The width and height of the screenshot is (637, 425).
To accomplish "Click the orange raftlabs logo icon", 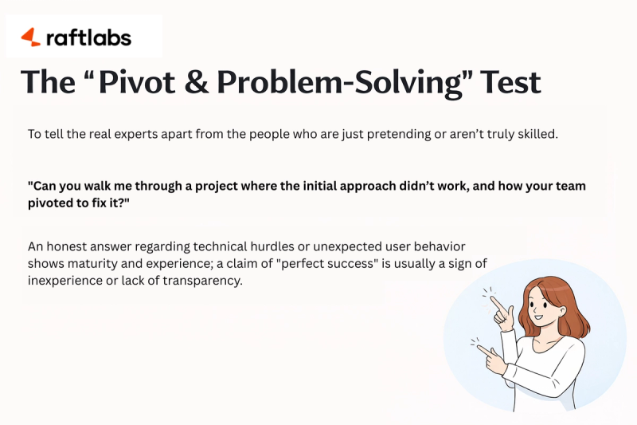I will point(30,37).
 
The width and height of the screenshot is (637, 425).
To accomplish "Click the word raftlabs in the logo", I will point(88,37).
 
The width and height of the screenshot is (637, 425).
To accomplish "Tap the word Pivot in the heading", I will point(131,82).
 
